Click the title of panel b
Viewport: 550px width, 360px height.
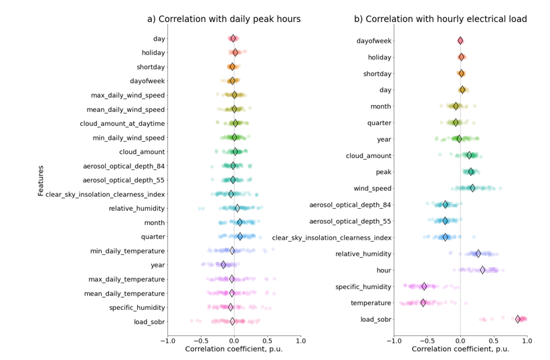coord(459,19)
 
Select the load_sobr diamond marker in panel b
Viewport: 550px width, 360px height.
coord(518,319)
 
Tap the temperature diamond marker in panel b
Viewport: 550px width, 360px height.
coord(423,302)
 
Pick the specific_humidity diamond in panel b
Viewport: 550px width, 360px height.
coord(424,286)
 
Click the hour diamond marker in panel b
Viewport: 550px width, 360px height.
coord(482,270)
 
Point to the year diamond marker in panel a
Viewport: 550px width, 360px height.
coord(224,265)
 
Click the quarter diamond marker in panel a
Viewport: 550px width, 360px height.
coord(240,237)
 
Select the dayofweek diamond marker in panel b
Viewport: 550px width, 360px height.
coord(460,41)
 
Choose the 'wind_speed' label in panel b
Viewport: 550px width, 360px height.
coord(373,188)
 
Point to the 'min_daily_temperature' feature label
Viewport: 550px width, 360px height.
coord(127,251)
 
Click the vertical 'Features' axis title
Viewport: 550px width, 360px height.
coord(41,181)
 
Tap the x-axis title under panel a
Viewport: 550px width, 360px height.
coord(234,349)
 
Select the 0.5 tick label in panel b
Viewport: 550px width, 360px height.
coord(494,340)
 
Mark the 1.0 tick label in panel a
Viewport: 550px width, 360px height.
coord(300,340)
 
